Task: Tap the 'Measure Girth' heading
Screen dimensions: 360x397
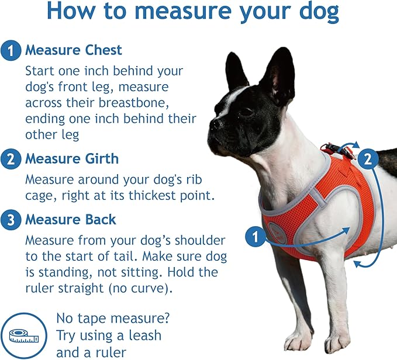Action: pyautogui.click(x=71, y=158)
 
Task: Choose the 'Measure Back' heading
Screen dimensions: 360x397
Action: pyautogui.click(x=70, y=220)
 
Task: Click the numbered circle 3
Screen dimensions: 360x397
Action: pyautogui.click(x=11, y=220)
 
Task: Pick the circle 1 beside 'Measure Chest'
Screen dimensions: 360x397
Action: pyautogui.click(x=11, y=51)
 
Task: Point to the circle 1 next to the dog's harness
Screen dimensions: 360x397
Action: pyautogui.click(x=254, y=237)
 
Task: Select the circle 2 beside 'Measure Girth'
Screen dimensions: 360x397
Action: pyautogui.click(x=11, y=159)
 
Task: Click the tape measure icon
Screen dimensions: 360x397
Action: pyautogui.click(x=23, y=335)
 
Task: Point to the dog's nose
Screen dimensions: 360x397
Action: pyautogui.click(x=216, y=123)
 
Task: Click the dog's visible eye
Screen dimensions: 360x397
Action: pyautogui.click(x=246, y=110)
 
